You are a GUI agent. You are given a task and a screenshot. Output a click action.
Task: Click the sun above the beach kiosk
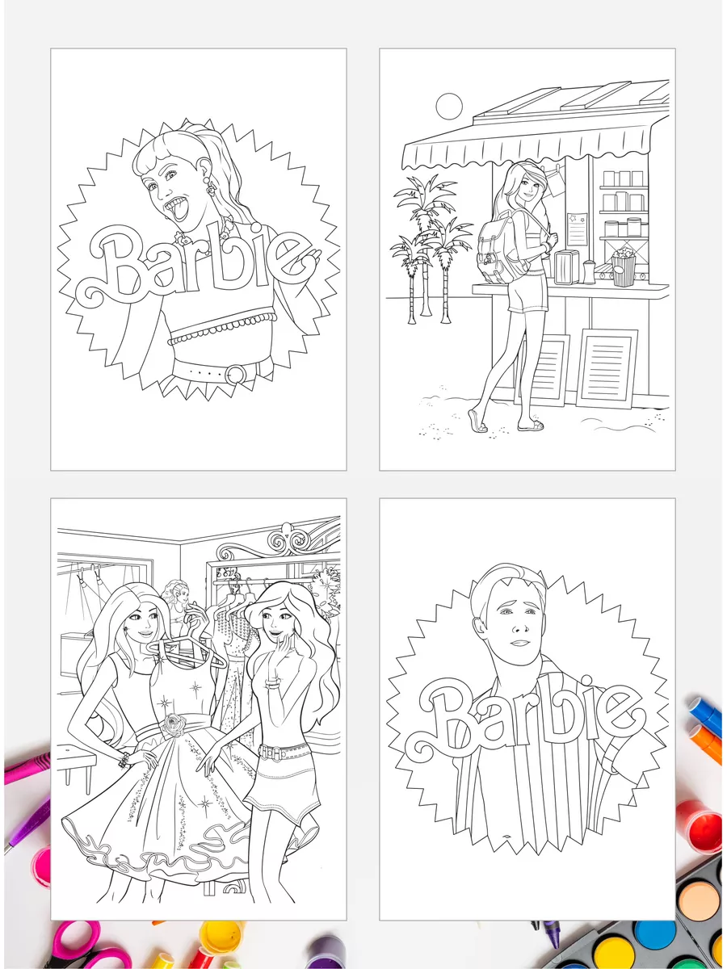point(449,106)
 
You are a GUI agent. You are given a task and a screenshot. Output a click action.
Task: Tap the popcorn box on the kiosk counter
point(624,266)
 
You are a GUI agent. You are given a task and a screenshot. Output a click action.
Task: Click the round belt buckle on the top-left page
point(236,375)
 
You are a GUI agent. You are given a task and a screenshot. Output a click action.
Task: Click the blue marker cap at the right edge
point(707,710)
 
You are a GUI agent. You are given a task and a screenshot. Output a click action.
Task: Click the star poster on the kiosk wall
point(578,229)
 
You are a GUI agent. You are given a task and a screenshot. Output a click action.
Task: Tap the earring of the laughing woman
point(208,186)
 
